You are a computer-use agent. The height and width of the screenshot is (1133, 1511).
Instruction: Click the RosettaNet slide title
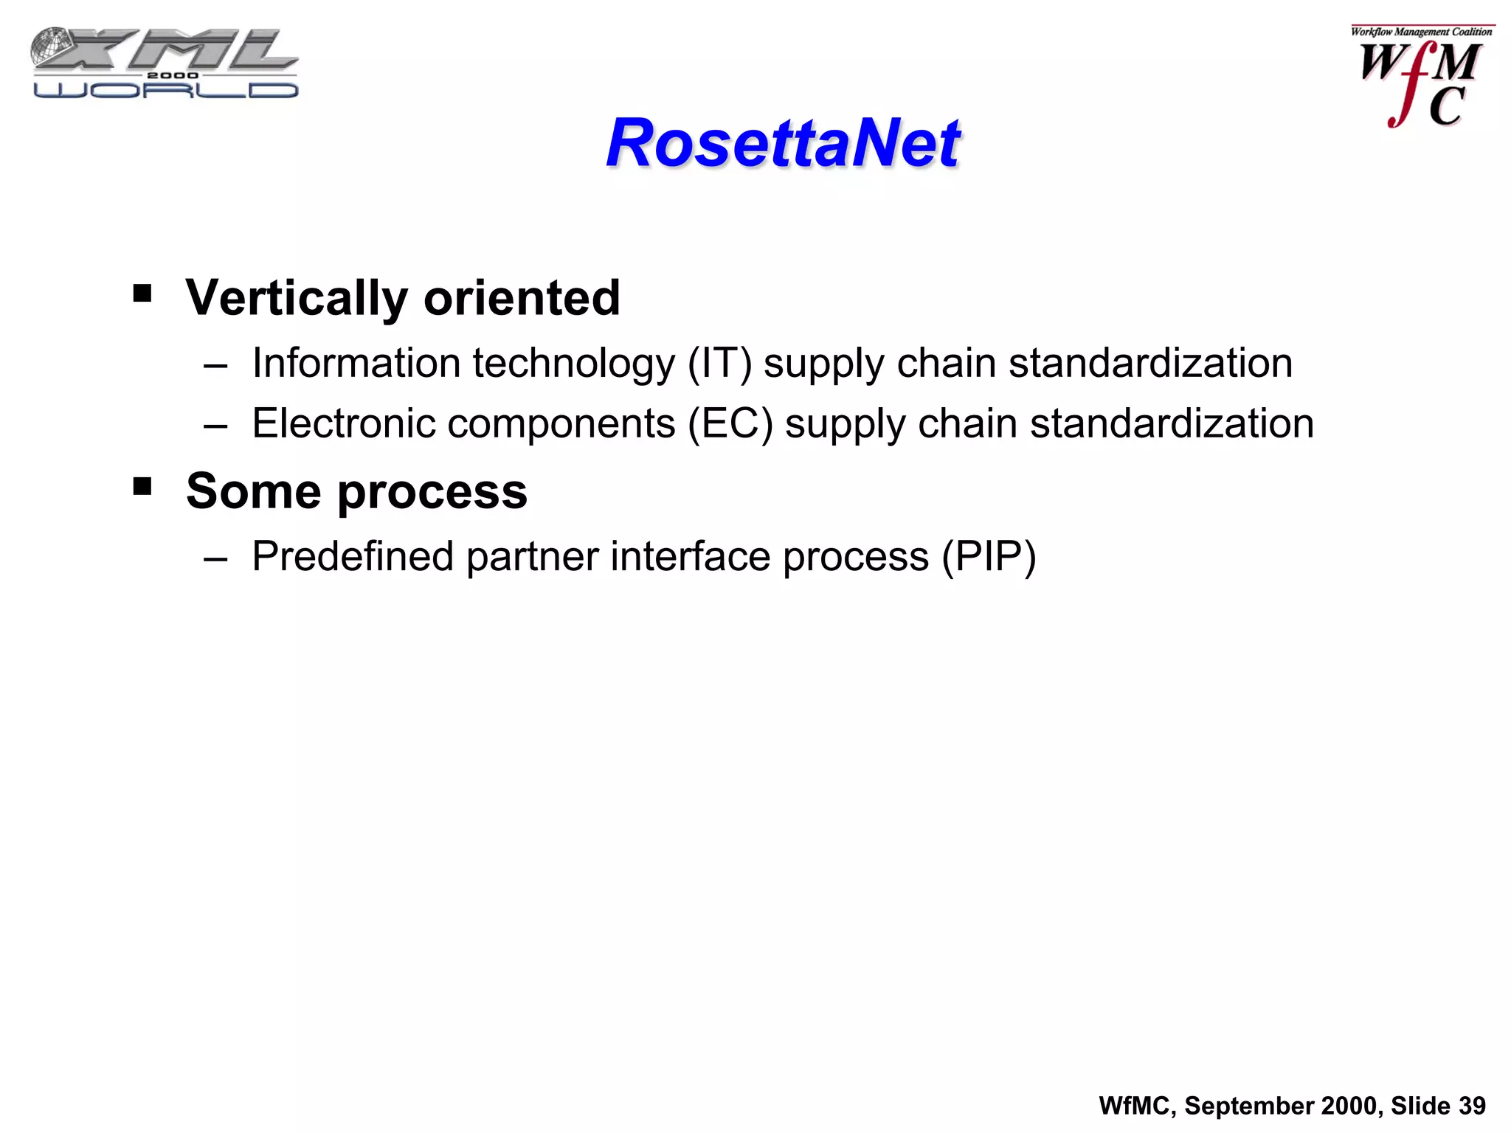[782, 143]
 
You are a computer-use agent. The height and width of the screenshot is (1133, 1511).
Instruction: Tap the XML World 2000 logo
[165, 64]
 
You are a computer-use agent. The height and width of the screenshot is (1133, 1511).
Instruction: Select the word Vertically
[297, 298]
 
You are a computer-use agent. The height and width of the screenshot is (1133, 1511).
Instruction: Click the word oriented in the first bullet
[522, 298]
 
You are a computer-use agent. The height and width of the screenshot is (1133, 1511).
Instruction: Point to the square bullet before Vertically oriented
[142, 294]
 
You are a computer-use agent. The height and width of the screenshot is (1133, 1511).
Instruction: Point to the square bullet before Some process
[142, 487]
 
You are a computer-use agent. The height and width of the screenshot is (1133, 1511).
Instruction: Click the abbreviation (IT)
[719, 364]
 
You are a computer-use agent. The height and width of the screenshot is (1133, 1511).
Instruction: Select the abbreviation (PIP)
[989, 557]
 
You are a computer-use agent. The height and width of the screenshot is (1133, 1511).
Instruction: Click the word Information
[356, 364]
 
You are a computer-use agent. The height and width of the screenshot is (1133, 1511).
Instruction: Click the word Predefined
[353, 557]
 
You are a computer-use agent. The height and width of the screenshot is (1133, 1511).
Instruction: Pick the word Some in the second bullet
[253, 491]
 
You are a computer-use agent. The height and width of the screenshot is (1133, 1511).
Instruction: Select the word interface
[691, 557]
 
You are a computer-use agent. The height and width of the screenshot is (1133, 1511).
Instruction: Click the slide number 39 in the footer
[1472, 1106]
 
